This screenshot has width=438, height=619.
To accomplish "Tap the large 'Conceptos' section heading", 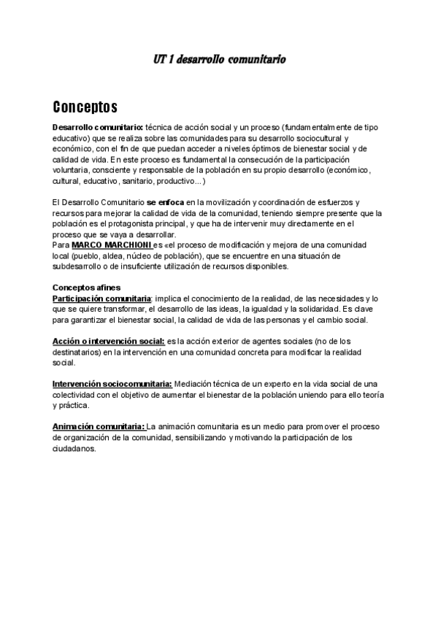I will pos(85,108).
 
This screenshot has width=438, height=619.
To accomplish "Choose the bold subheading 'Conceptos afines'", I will pos(86,288).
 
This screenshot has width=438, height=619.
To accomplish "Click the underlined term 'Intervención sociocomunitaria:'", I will pos(112,384).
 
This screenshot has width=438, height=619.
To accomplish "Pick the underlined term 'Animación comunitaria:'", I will pos(98,427).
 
